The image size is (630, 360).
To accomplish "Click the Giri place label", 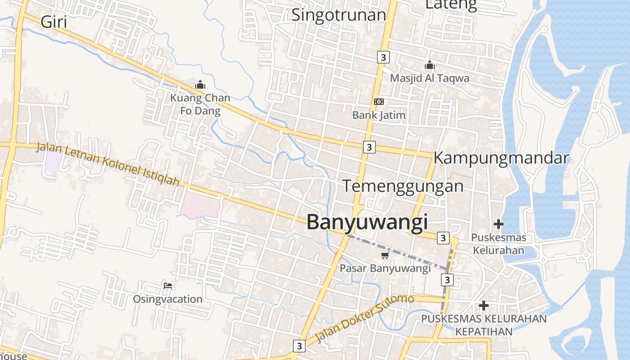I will click(54, 22).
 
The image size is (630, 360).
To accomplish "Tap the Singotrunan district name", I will click(339, 15).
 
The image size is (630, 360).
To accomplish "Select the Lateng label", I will click(450, 4).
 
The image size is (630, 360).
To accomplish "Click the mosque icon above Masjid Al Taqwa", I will click(430, 65).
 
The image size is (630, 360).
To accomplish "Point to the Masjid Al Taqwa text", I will click(429, 78).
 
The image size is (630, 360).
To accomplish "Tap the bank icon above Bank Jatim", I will click(379, 102).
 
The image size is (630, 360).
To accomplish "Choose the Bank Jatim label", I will click(379, 115).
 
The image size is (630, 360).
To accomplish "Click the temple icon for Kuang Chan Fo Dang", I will click(200, 84).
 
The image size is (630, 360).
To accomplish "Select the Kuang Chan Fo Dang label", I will click(200, 104).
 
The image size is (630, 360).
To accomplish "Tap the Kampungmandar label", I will click(501, 158).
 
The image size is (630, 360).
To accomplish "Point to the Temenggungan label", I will click(403, 186).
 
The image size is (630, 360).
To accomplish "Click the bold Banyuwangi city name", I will click(367, 222).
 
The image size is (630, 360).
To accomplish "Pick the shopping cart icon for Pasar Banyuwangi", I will click(385, 256).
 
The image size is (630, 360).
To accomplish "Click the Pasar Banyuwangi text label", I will click(385, 269).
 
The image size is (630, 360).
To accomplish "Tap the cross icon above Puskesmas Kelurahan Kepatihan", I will click(484, 306).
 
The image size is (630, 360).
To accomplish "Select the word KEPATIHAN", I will click(484, 332).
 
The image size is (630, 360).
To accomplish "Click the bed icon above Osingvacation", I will click(168, 286).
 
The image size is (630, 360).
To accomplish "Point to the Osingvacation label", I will click(167, 299).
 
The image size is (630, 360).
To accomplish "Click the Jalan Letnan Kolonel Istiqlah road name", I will click(108, 164).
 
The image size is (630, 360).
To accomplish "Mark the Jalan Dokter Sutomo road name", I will click(365, 318).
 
